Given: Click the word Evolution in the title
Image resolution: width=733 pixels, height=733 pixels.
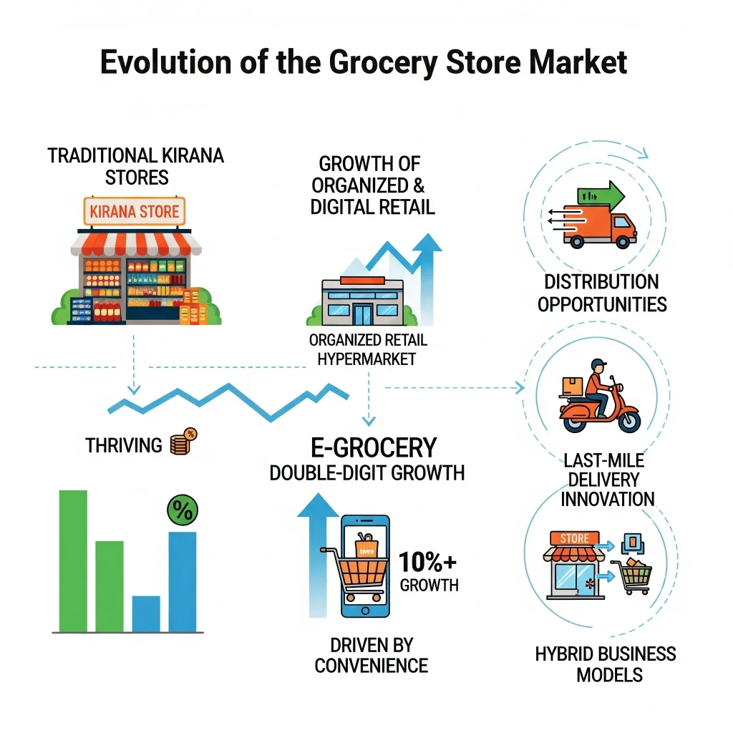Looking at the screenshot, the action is (x=165, y=62).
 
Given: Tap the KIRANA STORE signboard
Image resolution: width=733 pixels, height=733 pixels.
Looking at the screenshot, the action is (x=134, y=212).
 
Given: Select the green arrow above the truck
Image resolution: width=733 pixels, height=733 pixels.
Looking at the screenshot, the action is (x=601, y=195).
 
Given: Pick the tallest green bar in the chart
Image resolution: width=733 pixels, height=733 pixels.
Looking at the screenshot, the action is (x=73, y=561).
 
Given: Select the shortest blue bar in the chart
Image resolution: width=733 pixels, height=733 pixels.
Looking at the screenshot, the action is (x=146, y=613).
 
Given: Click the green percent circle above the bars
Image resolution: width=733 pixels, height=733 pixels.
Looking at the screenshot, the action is (x=183, y=510).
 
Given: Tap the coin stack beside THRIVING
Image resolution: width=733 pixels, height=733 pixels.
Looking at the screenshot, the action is (x=183, y=442).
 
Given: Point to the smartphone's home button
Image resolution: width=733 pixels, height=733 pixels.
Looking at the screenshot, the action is (x=366, y=611).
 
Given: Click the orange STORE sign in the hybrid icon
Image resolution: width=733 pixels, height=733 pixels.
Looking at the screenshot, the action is (x=575, y=538).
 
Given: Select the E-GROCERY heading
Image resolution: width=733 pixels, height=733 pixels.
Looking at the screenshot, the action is (x=374, y=448).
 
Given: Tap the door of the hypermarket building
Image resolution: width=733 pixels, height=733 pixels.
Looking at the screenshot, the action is (x=363, y=314).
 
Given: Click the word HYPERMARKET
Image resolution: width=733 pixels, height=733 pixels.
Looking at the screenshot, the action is (x=367, y=359).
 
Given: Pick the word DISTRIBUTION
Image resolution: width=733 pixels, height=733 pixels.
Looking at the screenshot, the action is (x=601, y=282).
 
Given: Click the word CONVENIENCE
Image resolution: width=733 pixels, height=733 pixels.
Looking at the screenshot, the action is (x=372, y=666).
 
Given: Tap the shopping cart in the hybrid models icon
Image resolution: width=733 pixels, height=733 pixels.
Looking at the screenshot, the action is (x=631, y=576).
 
